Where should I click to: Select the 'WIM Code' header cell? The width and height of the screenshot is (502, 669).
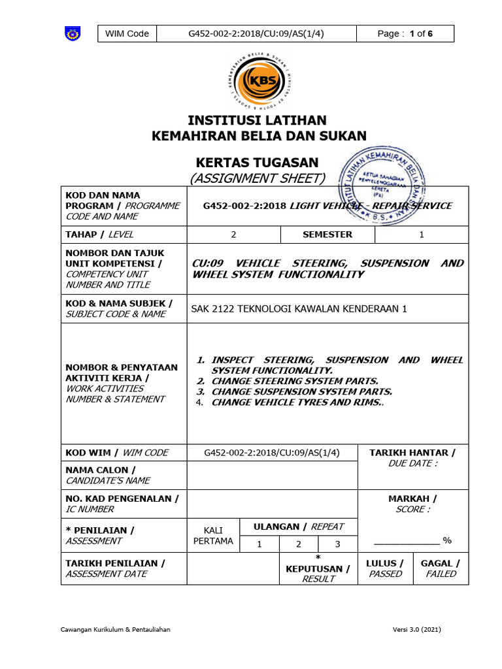click(x=127, y=34)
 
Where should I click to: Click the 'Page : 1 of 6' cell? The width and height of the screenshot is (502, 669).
click(x=405, y=34)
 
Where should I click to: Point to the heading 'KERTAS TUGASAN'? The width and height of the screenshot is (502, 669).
click(x=258, y=162)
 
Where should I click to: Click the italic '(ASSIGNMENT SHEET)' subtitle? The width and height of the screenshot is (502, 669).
click(x=258, y=178)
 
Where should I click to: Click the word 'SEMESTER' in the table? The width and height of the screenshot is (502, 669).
click(x=327, y=235)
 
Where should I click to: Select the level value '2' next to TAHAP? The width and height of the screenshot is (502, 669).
click(x=234, y=235)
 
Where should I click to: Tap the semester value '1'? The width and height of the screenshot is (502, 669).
click(x=422, y=235)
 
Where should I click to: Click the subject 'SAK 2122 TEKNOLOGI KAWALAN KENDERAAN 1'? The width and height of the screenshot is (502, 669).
click(x=299, y=309)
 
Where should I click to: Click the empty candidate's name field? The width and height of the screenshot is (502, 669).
click(x=273, y=475)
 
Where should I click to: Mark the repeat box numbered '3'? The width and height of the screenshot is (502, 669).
click(x=338, y=544)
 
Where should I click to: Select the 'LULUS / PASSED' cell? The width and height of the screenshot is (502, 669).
click(x=385, y=568)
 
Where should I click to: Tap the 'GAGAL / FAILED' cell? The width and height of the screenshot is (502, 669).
click(x=441, y=568)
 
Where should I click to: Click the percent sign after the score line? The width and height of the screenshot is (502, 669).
click(x=448, y=540)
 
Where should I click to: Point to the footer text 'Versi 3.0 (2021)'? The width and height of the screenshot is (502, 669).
click(x=417, y=629)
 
